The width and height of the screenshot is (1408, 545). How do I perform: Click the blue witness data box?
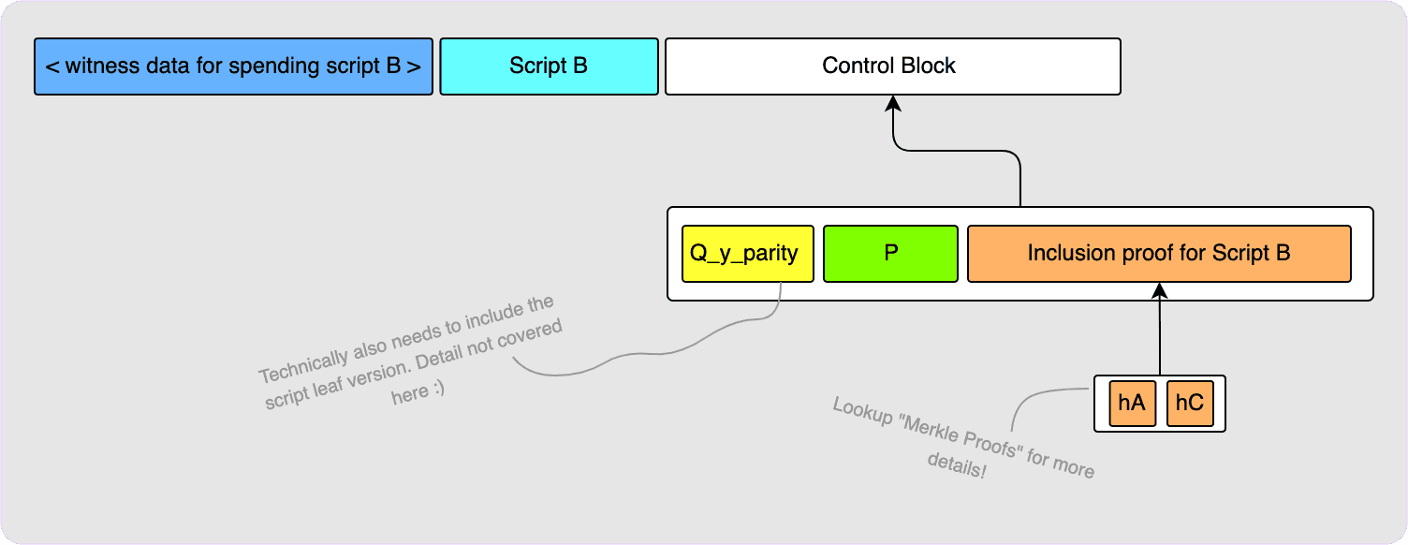(x=233, y=66)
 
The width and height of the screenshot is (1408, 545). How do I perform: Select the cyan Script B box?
(x=549, y=66)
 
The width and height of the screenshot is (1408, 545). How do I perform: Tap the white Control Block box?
(x=892, y=66)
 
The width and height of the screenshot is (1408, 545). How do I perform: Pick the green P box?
(x=890, y=254)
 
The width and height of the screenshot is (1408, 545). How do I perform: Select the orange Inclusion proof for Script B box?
(x=1159, y=254)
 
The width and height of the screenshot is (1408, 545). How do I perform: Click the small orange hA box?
(x=1132, y=404)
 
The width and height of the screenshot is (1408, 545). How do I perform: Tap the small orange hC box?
(x=1189, y=404)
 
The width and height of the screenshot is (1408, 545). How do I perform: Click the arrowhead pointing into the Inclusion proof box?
(x=1160, y=289)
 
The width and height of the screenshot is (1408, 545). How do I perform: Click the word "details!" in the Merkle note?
(x=957, y=465)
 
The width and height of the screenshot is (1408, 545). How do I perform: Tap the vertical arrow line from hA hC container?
(x=1160, y=332)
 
